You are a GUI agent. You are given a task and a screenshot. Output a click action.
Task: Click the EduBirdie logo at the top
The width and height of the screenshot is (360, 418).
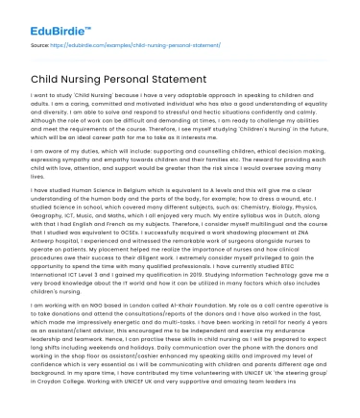pyautogui.click(x=46, y=18)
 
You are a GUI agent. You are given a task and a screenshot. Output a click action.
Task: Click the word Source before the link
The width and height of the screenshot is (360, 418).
pyautogui.click(x=43, y=43)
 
